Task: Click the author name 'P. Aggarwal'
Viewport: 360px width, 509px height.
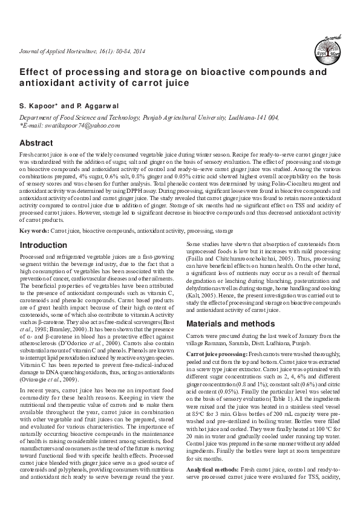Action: click(x=93, y=106)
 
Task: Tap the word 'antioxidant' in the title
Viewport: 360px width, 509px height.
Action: click(x=51, y=85)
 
